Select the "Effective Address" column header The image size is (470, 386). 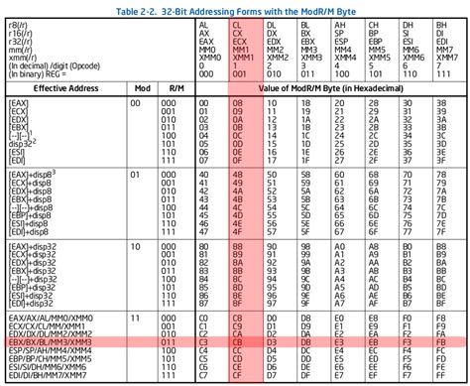pos(65,88)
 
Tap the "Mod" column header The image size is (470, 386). pos(142,88)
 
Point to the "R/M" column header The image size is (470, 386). pos(179,88)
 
